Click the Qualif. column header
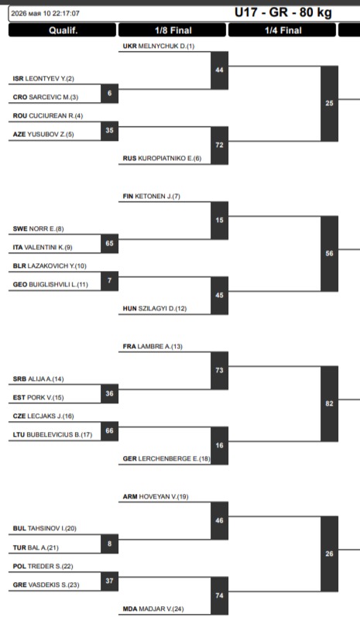pyautogui.click(x=63, y=30)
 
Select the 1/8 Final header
pyautogui.click(x=173, y=30)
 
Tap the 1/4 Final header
pyautogui.click(x=283, y=30)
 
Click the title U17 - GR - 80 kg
pyautogui.click(x=283, y=12)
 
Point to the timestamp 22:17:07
pyautogui.click(x=66, y=13)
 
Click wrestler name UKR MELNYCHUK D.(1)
pyautogui.click(x=159, y=46)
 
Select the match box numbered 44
pyautogui.click(x=220, y=70)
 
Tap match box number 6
pyautogui.click(x=109, y=93)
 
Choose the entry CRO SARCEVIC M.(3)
pyautogui.click(x=45, y=98)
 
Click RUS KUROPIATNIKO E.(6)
pyautogui.click(x=162, y=158)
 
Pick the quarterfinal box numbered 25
pyautogui.click(x=329, y=104)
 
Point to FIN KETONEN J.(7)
pyautogui.click(x=152, y=196)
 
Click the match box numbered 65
pyautogui.click(x=109, y=244)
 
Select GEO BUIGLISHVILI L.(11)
pyautogui.click(x=50, y=284)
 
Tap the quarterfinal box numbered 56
pyautogui.click(x=329, y=254)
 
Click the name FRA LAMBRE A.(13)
pyautogui.click(x=153, y=346)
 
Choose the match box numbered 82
pyautogui.click(x=329, y=404)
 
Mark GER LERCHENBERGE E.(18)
pyautogui.click(x=166, y=458)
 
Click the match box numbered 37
pyautogui.click(x=109, y=581)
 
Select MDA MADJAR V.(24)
pyautogui.click(x=153, y=608)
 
